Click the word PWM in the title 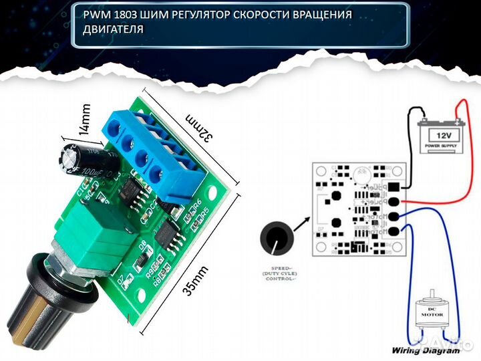(96, 15)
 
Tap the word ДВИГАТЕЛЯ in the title (113, 29)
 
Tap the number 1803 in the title (124, 15)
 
